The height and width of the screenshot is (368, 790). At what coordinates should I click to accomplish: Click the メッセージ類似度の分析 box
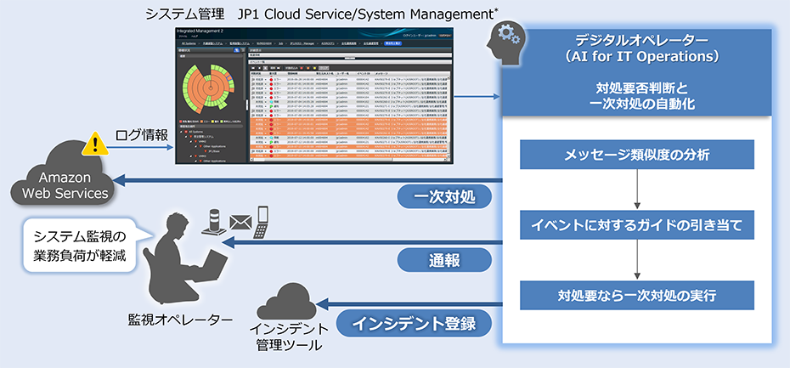pos(636,156)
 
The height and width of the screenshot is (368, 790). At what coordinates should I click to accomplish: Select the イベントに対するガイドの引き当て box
pos(636,226)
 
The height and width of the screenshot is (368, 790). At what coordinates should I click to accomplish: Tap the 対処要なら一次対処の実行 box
pos(636,297)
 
